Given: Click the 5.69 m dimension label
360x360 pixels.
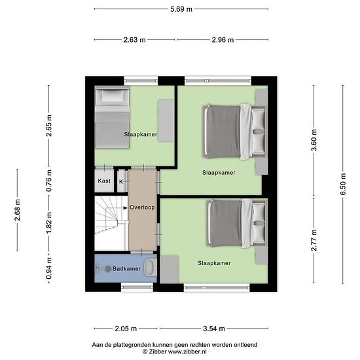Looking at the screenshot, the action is (181, 9).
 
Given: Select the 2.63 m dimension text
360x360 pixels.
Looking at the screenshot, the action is (135, 40).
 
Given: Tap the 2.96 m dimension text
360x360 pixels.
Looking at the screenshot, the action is (223, 40).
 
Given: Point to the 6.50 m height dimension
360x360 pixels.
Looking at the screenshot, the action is (343, 184).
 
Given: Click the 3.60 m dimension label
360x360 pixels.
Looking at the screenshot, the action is (314, 140).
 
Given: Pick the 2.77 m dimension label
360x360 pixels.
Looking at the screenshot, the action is (314, 240).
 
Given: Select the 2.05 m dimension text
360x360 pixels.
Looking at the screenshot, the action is (126, 329).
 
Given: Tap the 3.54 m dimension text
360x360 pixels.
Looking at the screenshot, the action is (214, 329).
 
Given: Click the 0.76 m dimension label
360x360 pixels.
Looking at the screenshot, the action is (49, 181).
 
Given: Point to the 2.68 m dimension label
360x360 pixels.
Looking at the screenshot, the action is (18, 210).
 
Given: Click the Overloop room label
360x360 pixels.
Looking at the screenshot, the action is (142, 207).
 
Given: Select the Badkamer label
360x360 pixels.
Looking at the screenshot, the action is (126, 268).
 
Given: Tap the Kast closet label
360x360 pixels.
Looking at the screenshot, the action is (104, 181).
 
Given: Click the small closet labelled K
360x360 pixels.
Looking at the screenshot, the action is (121, 181).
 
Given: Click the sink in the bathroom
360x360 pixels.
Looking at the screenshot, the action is (151, 268).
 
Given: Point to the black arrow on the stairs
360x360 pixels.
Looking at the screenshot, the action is (126, 207).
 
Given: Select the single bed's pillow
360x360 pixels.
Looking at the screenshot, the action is (113, 96).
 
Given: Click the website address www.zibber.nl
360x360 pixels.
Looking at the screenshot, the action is (187, 351).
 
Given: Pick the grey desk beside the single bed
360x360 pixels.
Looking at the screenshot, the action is (166, 121).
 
